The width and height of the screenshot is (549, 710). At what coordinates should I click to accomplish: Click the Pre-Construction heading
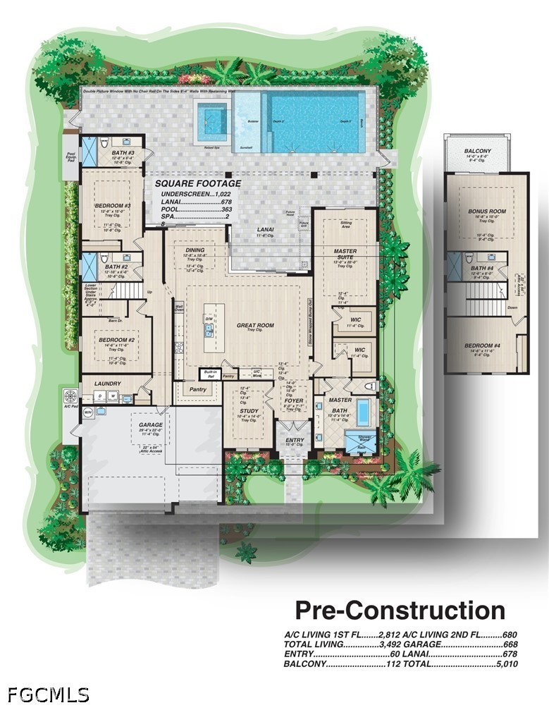[x=400, y=610]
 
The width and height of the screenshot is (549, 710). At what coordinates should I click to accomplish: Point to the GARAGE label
[x=151, y=425]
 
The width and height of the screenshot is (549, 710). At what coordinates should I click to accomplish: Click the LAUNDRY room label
[x=108, y=384]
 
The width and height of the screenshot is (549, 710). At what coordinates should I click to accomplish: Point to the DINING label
[x=195, y=250]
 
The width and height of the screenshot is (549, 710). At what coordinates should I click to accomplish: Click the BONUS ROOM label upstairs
[x=487, y=211]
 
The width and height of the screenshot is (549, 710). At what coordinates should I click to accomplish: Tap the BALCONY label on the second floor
[x=482, y=151]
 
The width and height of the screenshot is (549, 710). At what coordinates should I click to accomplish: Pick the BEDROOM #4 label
[x=483, y=345]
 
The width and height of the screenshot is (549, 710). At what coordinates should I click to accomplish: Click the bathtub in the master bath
[x=364, y=411]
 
